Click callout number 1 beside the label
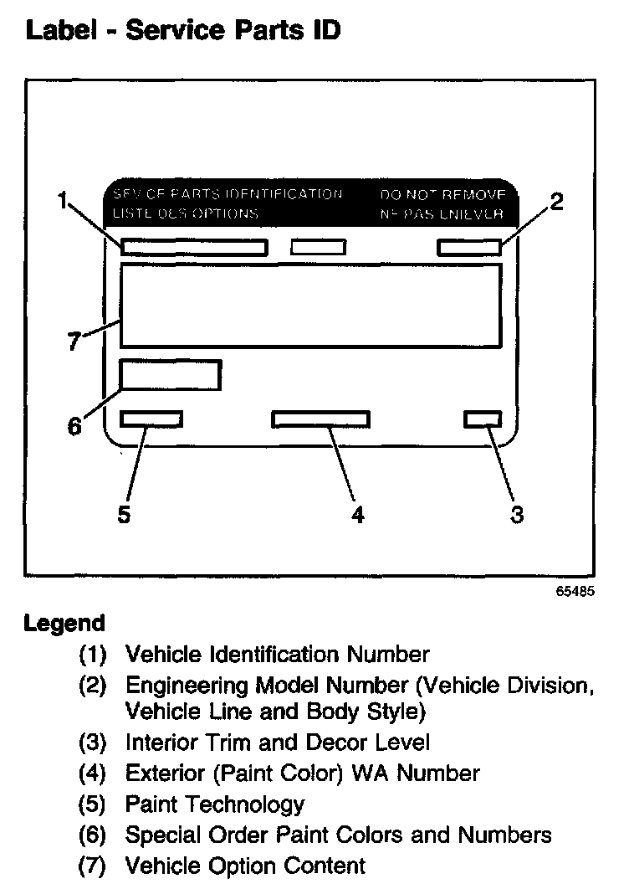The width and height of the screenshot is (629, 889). click(63, 200)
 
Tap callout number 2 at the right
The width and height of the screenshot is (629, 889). click(556, 202)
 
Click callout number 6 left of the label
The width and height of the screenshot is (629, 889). click(74, 426)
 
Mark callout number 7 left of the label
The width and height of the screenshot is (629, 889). click(74, 342)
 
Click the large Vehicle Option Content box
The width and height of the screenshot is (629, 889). click(310, 305)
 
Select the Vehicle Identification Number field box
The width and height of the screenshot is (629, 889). click(194, 247)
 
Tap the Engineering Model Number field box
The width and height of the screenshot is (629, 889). click(468, 247)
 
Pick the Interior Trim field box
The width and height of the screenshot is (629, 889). click(483, 419)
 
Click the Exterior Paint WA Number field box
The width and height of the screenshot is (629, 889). click(321, 419)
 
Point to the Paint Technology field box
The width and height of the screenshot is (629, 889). click(151, 419)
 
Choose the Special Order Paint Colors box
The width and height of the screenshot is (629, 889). click(171, 375)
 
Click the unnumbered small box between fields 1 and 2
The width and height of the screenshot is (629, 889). click(318, 247)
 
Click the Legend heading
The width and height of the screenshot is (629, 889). click(64, 624)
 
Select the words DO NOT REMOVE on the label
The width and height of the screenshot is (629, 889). click(443, 195)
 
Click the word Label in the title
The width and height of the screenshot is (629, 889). click(63, 32)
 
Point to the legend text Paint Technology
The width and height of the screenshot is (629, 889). click(214, 805)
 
